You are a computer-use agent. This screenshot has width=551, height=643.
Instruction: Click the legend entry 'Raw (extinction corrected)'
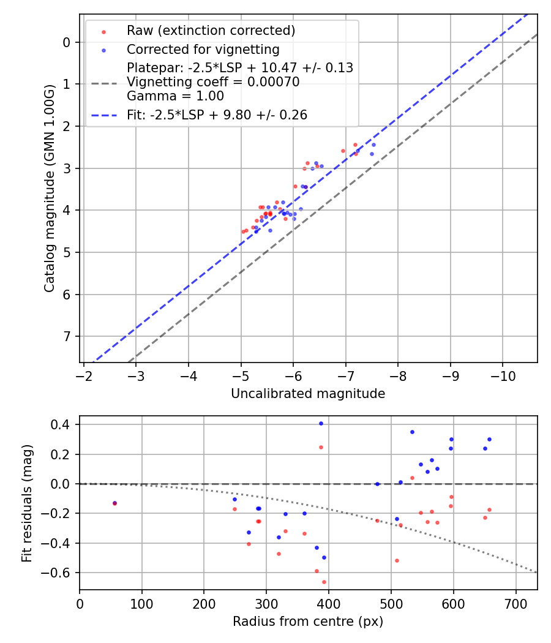[211, 31]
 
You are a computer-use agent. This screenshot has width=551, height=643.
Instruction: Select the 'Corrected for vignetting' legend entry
[203, 50]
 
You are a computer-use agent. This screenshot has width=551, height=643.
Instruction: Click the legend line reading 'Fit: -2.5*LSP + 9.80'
[217, 115]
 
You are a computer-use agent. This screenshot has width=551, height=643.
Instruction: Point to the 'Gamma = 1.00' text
[175, 96]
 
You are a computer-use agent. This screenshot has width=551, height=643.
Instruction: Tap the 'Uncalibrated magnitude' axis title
[308, 394]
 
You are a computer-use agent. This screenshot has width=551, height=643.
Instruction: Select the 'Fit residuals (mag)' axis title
[27, 503]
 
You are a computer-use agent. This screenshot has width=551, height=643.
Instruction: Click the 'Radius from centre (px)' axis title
[308, 622]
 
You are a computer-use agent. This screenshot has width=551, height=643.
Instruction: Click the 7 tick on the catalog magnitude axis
[67, 336]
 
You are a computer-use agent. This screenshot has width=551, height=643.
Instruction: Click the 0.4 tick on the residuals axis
[63, 424]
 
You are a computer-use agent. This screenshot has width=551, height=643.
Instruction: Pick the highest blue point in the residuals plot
[321, 423]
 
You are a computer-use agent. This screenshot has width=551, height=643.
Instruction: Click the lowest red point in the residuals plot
[324, 582]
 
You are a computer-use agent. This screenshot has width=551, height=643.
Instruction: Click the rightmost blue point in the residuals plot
[489, 439]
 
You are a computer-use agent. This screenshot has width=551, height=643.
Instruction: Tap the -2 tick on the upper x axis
[84, 375]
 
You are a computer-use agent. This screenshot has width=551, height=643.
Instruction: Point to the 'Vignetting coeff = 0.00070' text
[213, 82]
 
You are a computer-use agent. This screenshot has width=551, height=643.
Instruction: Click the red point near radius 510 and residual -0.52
[397, 560]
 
